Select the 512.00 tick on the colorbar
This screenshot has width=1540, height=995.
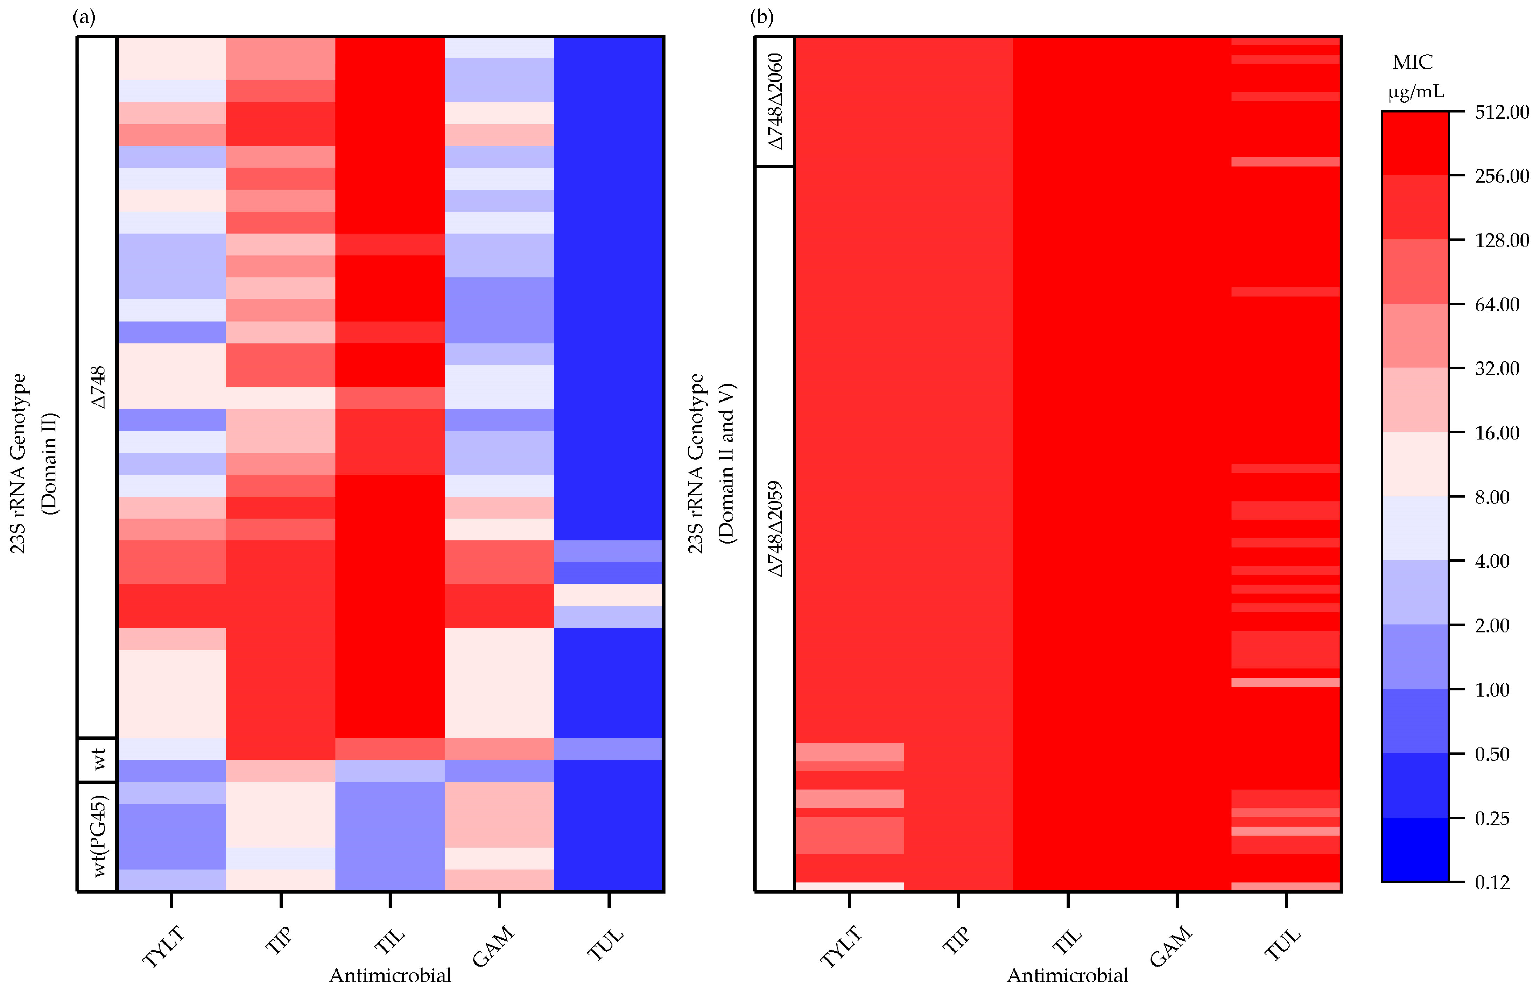pos(1501,112)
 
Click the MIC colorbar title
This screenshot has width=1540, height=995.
pos(1412,63)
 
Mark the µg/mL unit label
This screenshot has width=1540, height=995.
pos(1415,92)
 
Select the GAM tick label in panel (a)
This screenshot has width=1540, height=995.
pos(493,947)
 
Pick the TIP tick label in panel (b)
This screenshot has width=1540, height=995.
pos(956,941)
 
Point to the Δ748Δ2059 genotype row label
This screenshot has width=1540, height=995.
pos(775,529)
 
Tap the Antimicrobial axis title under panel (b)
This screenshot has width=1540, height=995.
pos(1068,976)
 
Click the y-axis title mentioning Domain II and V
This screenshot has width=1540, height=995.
pos(711,463)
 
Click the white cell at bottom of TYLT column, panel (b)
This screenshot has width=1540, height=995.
pos(849,887)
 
